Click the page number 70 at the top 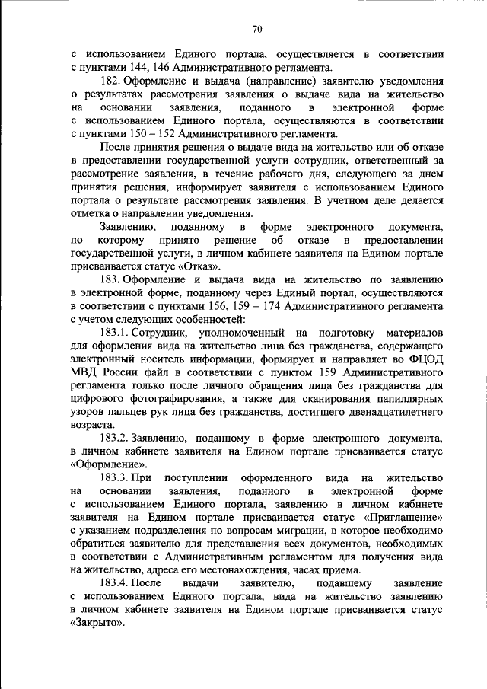pyautogui.click(x=257, y=29)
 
